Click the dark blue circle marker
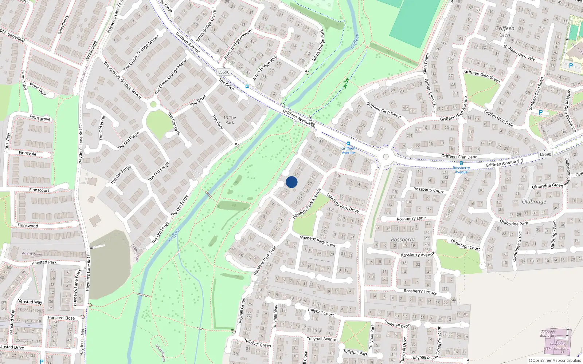pos(291,182)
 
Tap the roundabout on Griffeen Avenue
pos(386,157)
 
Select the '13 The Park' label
pos(230,120)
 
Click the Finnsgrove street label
pos(40,118)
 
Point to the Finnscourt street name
pos(39,190)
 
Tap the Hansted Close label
pos(61,318)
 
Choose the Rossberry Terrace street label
pos(420,291)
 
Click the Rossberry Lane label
pos(411,218)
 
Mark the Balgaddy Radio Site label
pos(548,333)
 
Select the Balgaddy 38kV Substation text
pos(557,346)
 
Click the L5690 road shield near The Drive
pos(224,72)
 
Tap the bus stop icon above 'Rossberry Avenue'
pos(461,163)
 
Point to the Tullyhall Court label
pos(321,312)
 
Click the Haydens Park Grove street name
pos(318,241)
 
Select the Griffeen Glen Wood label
pos(383,110)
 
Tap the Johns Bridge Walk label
pos(265,68)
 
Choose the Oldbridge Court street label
pos(465,244)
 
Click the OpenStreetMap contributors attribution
pos(555,360)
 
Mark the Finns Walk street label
pos(38,90)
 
